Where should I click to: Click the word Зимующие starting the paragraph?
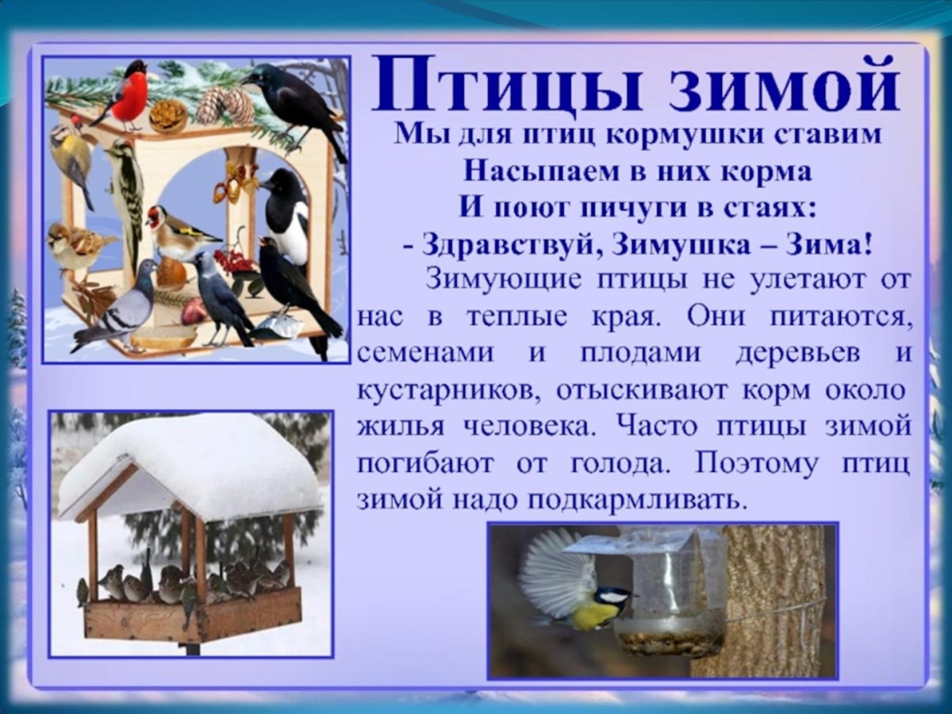click(505, 280)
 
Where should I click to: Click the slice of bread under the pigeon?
click(163, 336)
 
